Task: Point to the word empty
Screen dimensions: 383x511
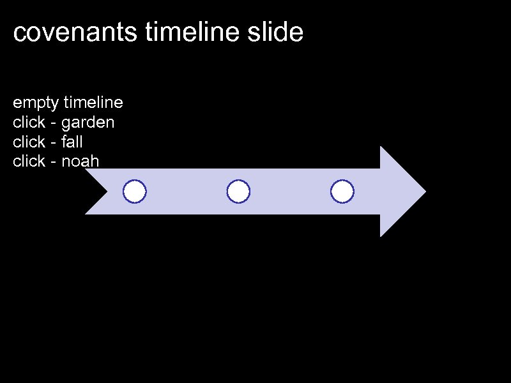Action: click(x=36, y=103)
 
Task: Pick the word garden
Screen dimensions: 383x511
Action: click(x=88, y=123)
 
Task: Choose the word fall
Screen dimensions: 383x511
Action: click(x=72, y=142)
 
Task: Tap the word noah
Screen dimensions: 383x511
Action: click(x=80, y=161)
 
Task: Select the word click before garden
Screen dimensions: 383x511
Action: click(x=29, y=122)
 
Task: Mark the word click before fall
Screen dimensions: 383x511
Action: click(x=29, y=142)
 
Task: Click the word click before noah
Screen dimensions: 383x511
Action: click(x=29, y=161)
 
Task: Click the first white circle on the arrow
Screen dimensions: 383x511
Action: click(x=135, y=191)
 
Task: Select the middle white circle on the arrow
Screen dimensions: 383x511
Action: click(x=238, y=191)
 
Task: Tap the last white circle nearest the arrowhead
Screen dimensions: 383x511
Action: click(x=342, y=191)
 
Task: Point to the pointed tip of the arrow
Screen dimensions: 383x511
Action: click(x=424, y=191)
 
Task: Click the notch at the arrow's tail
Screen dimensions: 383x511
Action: click(x=107, y=191)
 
